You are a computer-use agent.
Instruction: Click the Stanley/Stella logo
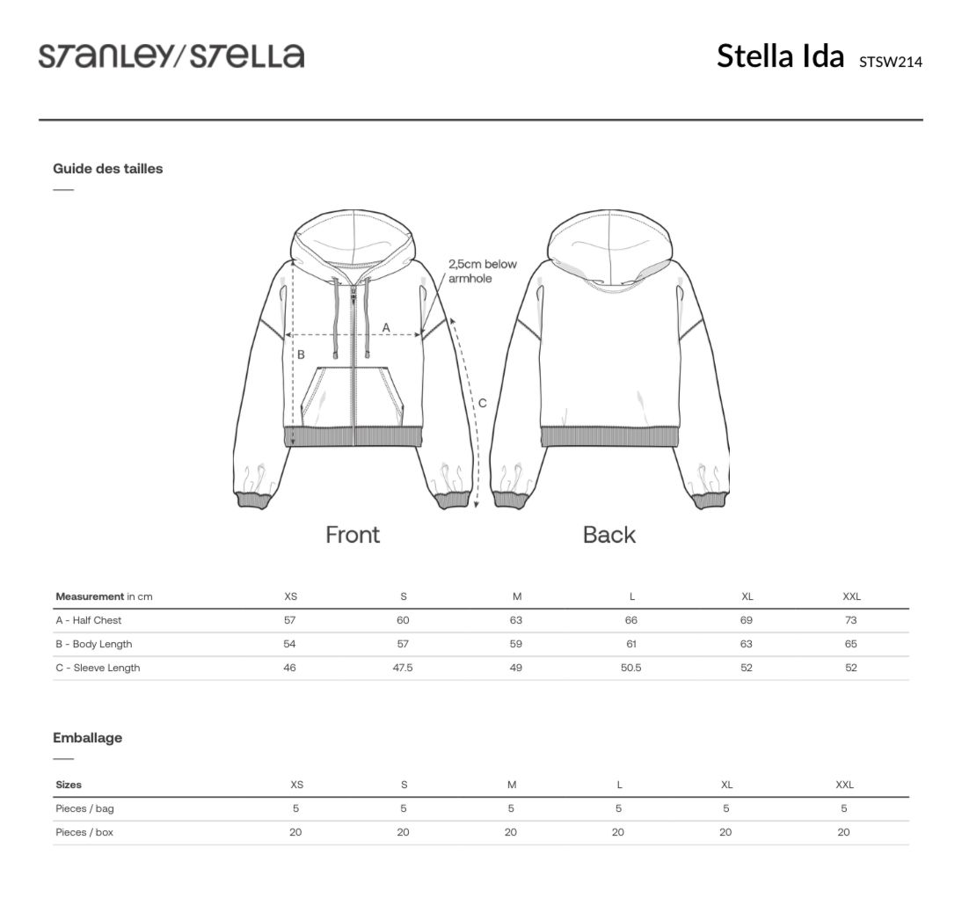[171, 55]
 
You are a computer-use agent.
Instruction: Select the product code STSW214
[891, 62]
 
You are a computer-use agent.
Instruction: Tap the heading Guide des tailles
[108, 169]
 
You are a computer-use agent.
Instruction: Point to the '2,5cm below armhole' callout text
[483, 271]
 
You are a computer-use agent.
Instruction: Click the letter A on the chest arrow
[385, 328]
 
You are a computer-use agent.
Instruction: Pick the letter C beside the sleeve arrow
[483, 403]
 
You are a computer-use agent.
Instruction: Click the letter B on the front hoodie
[301, 354]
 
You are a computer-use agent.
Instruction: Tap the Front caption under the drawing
[353, 534]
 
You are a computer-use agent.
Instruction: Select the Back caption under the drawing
[609, 534]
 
